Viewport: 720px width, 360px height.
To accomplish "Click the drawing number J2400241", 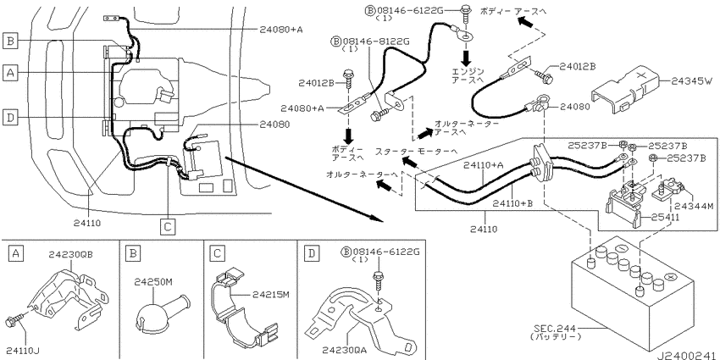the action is [686, 354].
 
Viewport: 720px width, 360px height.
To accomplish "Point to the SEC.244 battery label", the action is [556, 332].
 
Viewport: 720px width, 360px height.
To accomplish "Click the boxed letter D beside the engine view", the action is [9, 118].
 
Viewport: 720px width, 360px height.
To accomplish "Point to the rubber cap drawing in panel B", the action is [160, 310].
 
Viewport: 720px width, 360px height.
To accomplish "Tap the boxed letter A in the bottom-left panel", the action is [15, 253].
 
